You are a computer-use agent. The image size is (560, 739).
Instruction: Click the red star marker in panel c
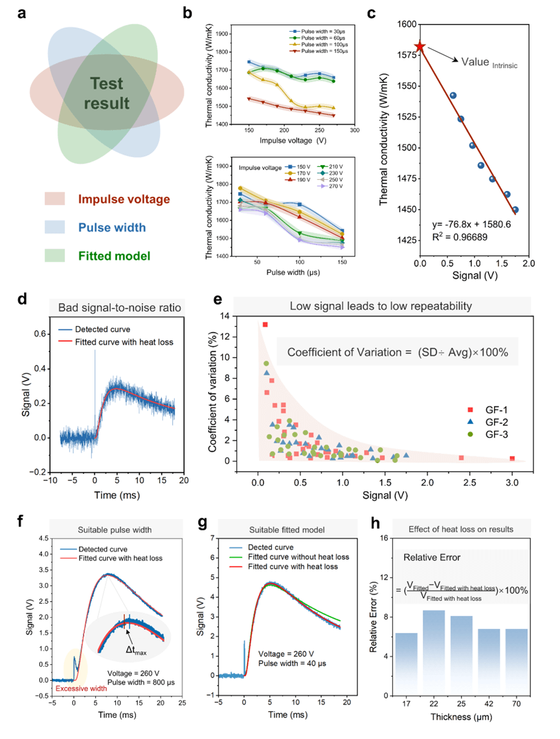tap(420, 47)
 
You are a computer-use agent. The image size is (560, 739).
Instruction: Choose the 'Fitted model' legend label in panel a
tap(113, 256)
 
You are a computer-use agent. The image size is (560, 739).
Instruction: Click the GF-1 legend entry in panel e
tap(489, 410)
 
